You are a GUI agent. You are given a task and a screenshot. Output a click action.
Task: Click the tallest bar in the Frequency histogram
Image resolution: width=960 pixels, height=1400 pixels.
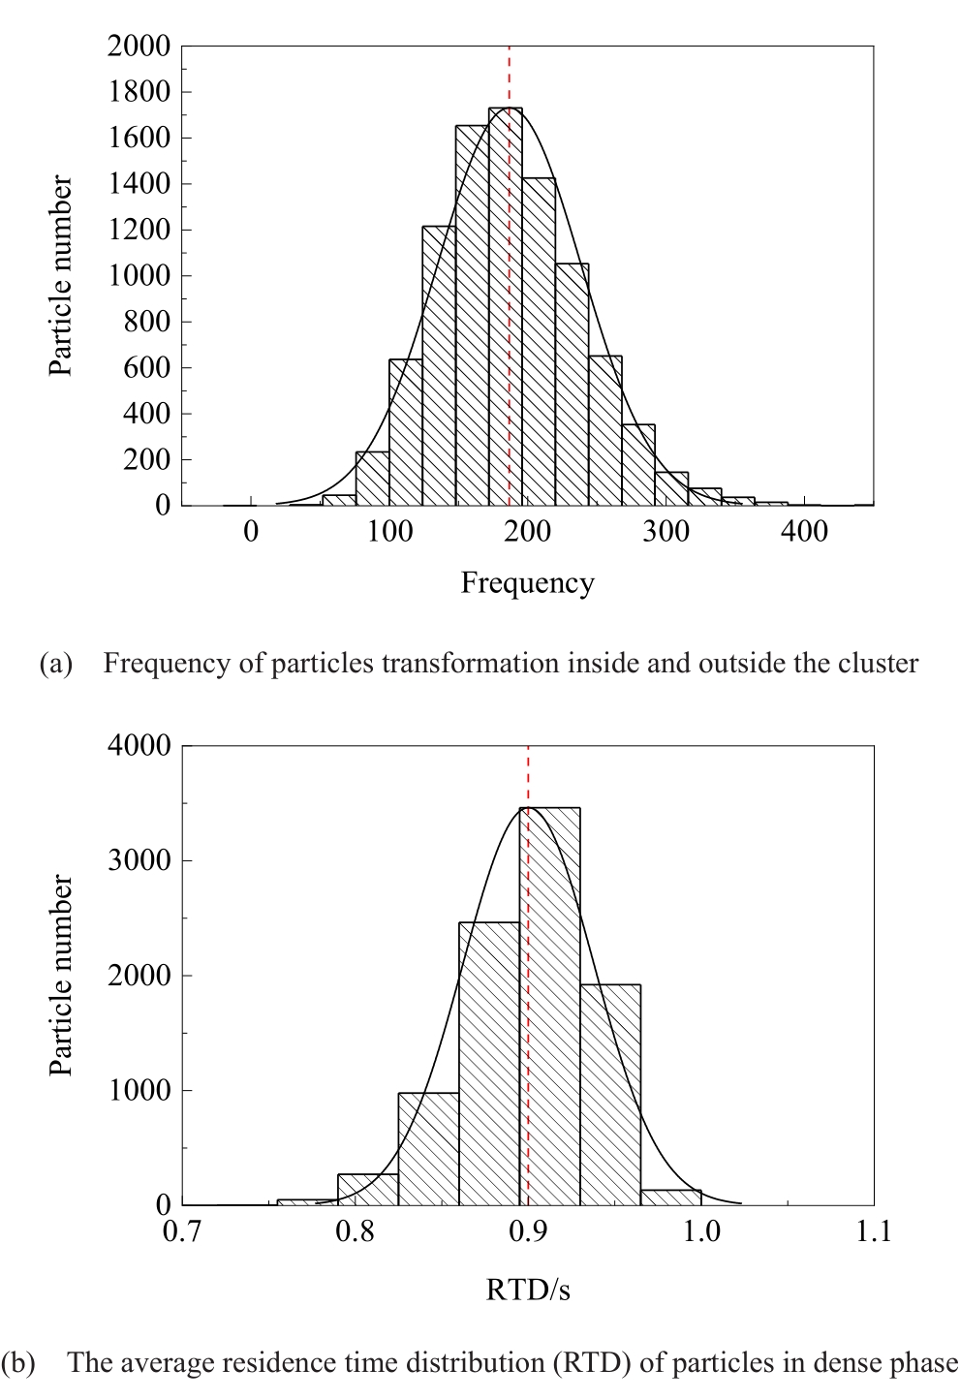[506, 310]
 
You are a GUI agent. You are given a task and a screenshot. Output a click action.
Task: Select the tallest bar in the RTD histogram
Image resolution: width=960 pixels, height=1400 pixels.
[550, 1008]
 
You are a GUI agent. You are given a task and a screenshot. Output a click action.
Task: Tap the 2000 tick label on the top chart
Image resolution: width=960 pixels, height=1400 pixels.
[139, 46]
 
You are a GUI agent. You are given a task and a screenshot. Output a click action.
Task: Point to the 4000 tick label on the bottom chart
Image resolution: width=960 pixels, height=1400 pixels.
[139, 746]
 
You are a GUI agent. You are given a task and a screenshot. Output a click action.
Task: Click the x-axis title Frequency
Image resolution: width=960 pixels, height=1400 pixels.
[527, 583]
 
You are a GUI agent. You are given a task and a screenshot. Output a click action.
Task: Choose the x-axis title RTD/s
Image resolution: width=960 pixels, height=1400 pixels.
[528, 1290]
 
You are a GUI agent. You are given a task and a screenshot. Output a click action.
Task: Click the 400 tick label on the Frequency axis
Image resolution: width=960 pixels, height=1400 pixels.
[804, 531]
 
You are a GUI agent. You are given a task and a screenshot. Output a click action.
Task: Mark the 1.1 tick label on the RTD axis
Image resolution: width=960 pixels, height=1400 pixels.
[873, 1231]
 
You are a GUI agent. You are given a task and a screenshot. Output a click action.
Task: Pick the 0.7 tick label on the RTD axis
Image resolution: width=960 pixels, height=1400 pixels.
[182, 1231]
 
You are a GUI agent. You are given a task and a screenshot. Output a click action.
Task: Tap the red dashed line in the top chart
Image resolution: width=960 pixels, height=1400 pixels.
[510, 78]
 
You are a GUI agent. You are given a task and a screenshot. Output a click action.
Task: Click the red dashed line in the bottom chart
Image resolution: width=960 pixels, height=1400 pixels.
[528, 775]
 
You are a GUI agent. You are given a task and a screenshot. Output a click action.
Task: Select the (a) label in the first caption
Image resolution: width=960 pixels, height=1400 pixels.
[55, 664]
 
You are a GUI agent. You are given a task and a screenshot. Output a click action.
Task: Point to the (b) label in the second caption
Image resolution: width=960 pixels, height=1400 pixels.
[19, 1363]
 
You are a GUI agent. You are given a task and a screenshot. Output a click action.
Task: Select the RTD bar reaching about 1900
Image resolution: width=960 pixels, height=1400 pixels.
[610, 1095]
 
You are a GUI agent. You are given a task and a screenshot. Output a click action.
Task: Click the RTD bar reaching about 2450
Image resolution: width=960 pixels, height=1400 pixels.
[489, 1066]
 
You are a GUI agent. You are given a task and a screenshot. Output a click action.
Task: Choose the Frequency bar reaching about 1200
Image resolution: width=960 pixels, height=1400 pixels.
[439, 368]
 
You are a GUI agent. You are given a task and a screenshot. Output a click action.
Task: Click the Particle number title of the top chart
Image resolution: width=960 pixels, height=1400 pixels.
[61, 276]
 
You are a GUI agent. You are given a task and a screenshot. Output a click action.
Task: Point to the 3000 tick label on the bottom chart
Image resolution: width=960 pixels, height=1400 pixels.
[139, 860]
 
